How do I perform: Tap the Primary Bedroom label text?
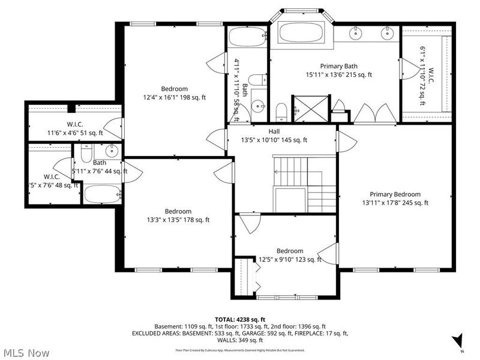click(395, 199)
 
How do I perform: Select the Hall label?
click(265, 136)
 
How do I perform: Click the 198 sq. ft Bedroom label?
click(174, 93)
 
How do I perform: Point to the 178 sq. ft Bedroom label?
click(178, 215)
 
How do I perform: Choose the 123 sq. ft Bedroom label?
click(289, 255)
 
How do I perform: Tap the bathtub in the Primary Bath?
click(300, 31)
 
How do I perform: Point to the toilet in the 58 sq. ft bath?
click(256, 79)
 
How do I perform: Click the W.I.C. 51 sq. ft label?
click(75, 129)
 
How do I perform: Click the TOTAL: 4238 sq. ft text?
click(239, 319)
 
